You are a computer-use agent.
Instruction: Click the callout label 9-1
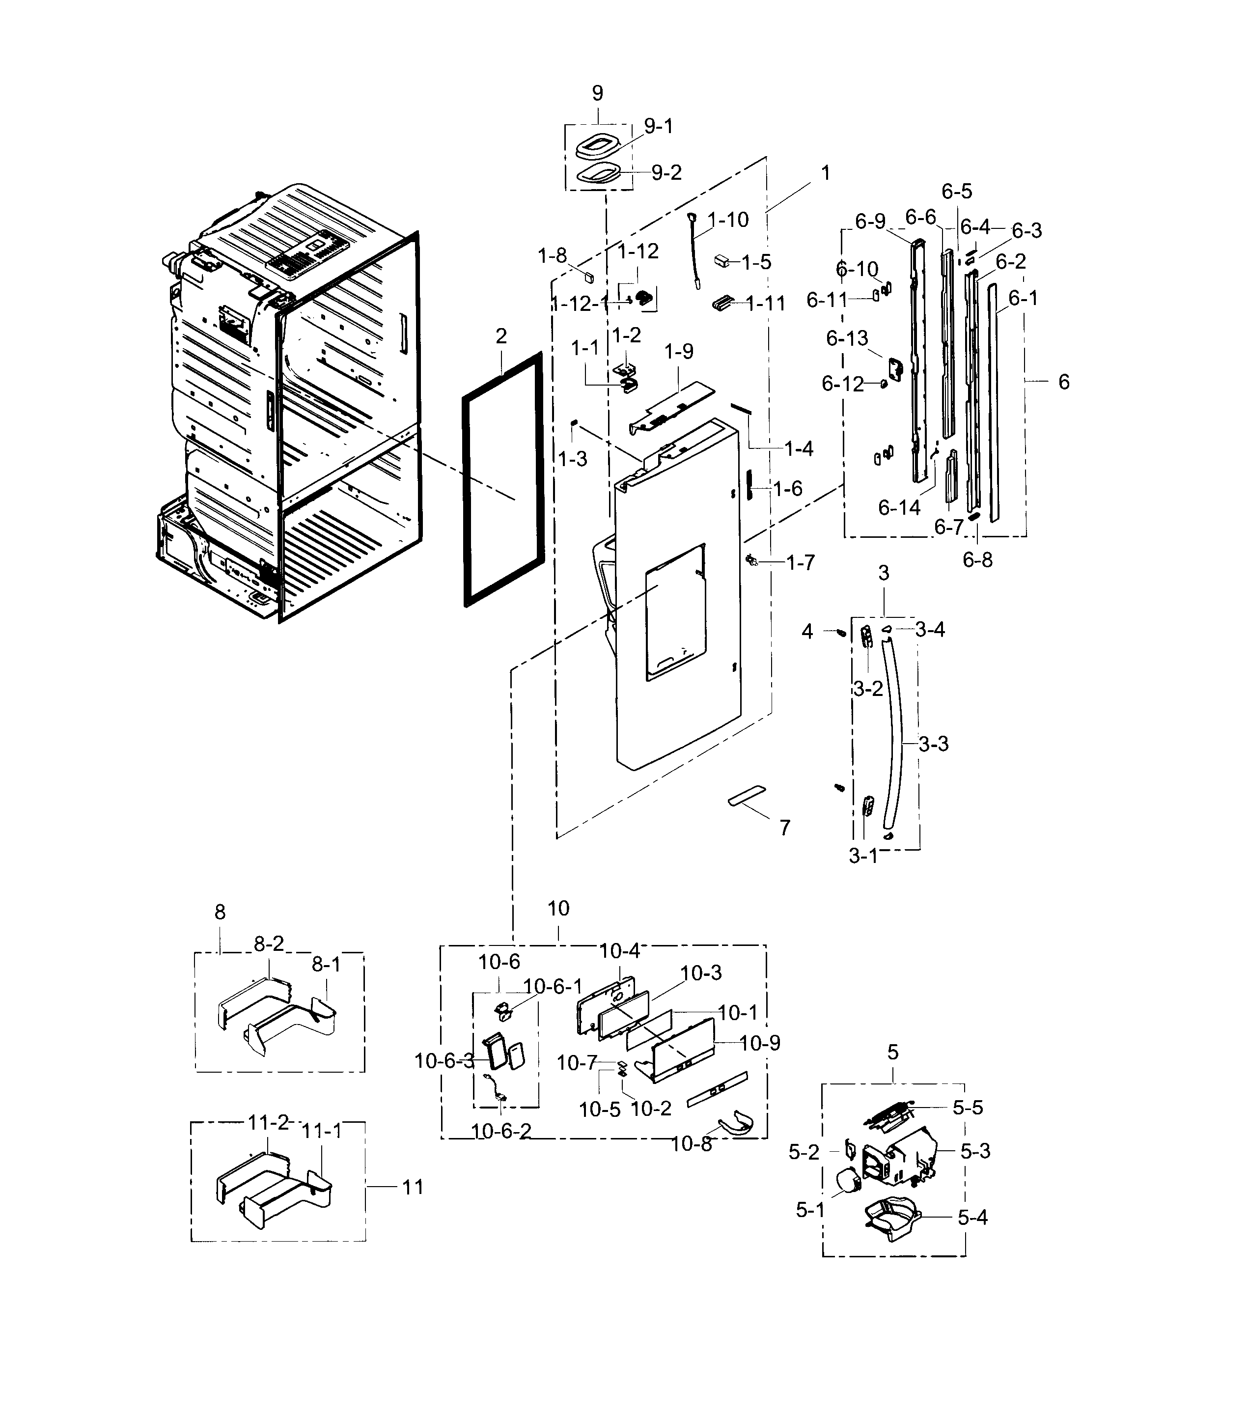pos(658,126)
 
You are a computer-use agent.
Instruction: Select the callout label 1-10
pos(728,220)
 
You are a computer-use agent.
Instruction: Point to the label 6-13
pos(847,338)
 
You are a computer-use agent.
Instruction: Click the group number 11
pos(413,1187)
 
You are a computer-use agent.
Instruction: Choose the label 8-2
pos(269,943)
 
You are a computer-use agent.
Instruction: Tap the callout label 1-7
pos(800,563)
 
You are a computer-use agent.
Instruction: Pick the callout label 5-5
pos(967,1108)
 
